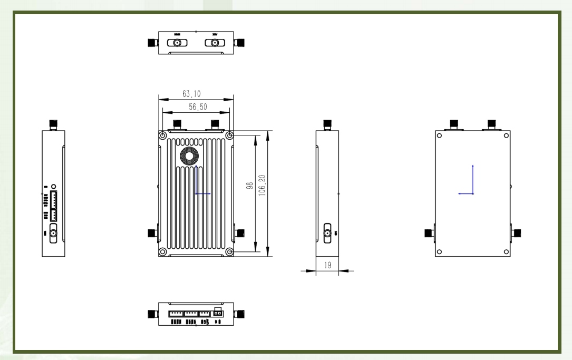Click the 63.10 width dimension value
click(191, 94)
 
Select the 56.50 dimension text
click(198, 106)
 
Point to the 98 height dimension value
click(250, 186)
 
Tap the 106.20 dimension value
click(262, 186)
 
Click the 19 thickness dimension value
click(327, 265)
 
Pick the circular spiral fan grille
click(190, 156)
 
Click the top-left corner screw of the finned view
click(163, 135)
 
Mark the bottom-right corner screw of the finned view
click(229, 252)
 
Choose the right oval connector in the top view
click(215, 43)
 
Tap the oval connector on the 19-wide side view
click(327, 232)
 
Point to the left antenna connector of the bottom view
click(153, 314)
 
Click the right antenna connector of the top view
click(240, 43)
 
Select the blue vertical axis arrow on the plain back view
click(473, 178)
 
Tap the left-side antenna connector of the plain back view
click(429, 233)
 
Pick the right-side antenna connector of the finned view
click(239, 233)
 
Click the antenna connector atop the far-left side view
click(53, 125)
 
